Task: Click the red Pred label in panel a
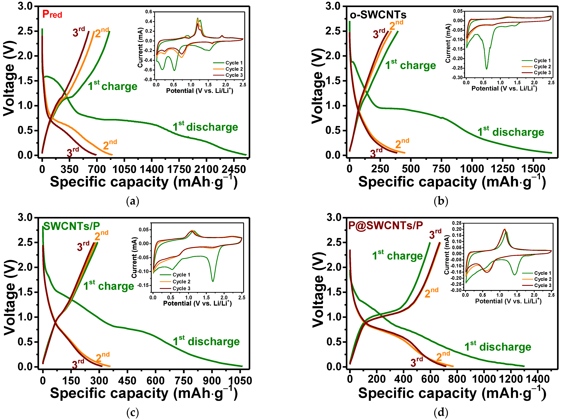52,14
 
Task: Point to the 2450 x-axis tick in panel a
233,169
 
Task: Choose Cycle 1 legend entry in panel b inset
542,61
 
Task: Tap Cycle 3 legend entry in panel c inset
181,288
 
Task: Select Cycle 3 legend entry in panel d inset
542,285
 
